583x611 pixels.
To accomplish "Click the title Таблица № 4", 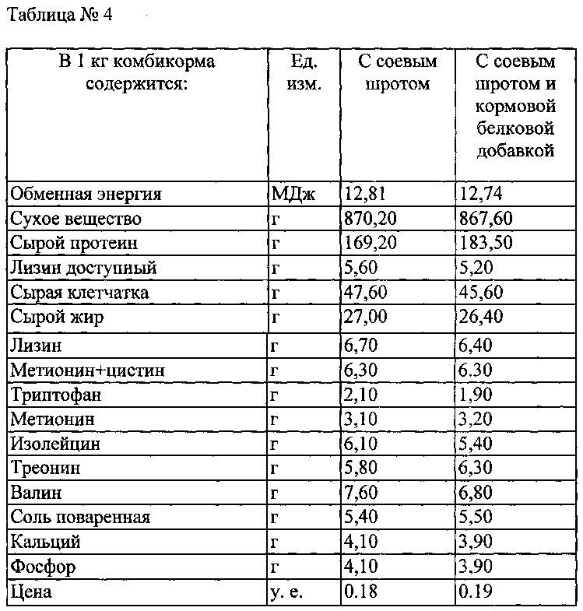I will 60,16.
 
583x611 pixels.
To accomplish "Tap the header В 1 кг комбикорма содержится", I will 136,72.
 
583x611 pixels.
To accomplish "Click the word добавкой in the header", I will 517,150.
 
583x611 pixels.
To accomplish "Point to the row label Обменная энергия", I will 86,194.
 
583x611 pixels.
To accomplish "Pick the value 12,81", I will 364,194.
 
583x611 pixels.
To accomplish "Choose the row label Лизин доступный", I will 83,269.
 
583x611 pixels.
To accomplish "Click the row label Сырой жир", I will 57,318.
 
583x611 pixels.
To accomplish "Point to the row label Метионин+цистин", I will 87,370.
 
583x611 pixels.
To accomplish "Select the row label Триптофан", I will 55,395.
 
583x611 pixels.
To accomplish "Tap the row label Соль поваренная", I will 80,518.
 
